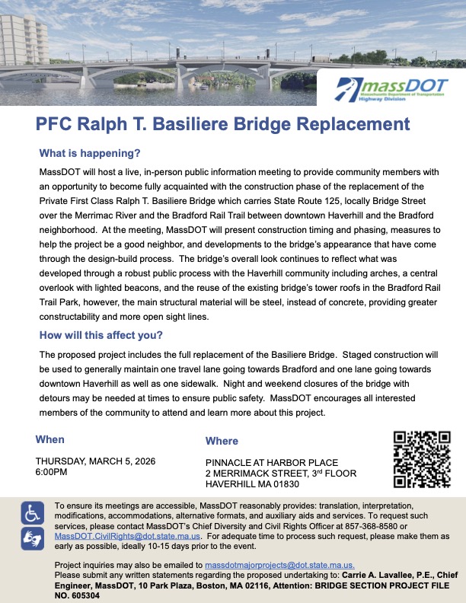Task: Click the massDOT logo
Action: pos(389,90)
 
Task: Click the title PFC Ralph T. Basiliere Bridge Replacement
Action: pos(222,124)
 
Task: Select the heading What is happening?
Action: pos(90,152)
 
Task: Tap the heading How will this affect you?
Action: pos(101,336)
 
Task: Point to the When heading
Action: pos(50,439)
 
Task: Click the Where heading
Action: pos(222,441)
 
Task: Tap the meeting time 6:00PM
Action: pos(52,472)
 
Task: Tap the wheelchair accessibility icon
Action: pos(33,513)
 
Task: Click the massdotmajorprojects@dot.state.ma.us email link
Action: pos(280,565)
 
